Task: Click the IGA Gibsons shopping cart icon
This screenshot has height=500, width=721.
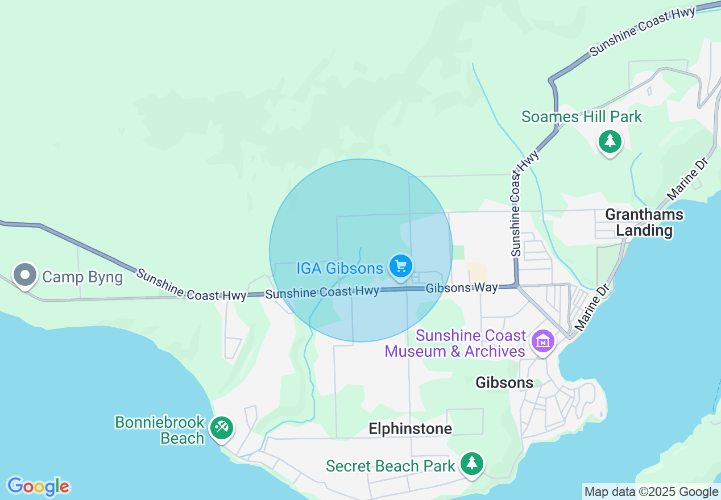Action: tap(401, 265)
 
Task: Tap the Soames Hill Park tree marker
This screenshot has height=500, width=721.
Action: tap(610, 140)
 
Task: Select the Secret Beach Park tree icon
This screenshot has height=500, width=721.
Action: tap(471, 463)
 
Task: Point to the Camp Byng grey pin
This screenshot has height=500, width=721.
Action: tap(24, 274)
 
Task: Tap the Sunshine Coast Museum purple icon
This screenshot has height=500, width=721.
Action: tap(543, 341)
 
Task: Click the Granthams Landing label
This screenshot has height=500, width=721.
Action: tap(644, 222)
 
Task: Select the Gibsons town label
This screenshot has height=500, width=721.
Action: tap(504, 382)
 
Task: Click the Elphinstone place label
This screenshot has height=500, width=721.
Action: tap(410, 428)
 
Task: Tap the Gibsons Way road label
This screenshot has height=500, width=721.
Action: tap(462, 288)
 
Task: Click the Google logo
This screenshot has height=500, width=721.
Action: tap(39, 486)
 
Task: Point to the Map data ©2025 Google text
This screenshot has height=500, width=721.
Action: tap(651, 492)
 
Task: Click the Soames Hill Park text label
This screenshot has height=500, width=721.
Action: tap(581, 117)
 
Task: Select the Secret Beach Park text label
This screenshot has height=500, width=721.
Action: tap(390, 466)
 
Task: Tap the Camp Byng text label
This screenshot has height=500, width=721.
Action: tap(82, 277)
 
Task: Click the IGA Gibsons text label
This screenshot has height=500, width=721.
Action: tap(339, 268)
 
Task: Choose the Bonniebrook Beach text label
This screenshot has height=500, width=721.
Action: tap(159, 430)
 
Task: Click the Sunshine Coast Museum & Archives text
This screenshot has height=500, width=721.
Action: tap(454, 343)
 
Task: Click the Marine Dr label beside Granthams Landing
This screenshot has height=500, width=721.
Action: tap(687, 180)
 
